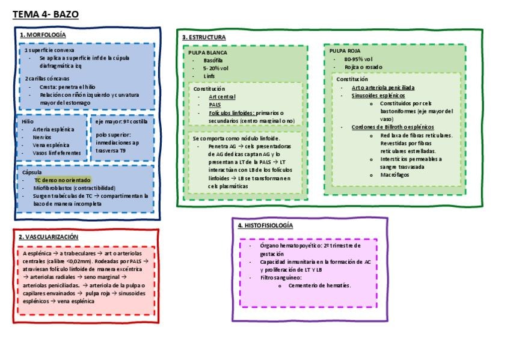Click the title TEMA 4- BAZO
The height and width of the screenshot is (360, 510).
coord(45,14)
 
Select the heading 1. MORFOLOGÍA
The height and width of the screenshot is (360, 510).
coord(43,35)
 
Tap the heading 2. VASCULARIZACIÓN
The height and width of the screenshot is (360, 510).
coord(49,237)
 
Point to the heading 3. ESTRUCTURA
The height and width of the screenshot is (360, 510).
coord(204,37)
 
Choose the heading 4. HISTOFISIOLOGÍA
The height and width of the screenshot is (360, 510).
coord(265,225)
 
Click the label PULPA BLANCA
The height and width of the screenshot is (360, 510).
coord(208,52)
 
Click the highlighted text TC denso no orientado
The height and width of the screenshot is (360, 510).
coord(63,180)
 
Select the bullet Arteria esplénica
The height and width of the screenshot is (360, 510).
coord(54,129)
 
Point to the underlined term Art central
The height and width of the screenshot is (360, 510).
coord(222,96)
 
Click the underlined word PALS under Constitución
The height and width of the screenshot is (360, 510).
coord(215,105)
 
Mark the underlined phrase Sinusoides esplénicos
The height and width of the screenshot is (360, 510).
coord(378,96)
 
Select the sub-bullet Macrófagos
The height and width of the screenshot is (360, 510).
coord(393,174)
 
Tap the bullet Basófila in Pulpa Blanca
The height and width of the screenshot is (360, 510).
coord(213,61)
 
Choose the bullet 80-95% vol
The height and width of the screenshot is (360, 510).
coord(358,59)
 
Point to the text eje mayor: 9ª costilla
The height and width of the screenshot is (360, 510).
coord(121,121)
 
